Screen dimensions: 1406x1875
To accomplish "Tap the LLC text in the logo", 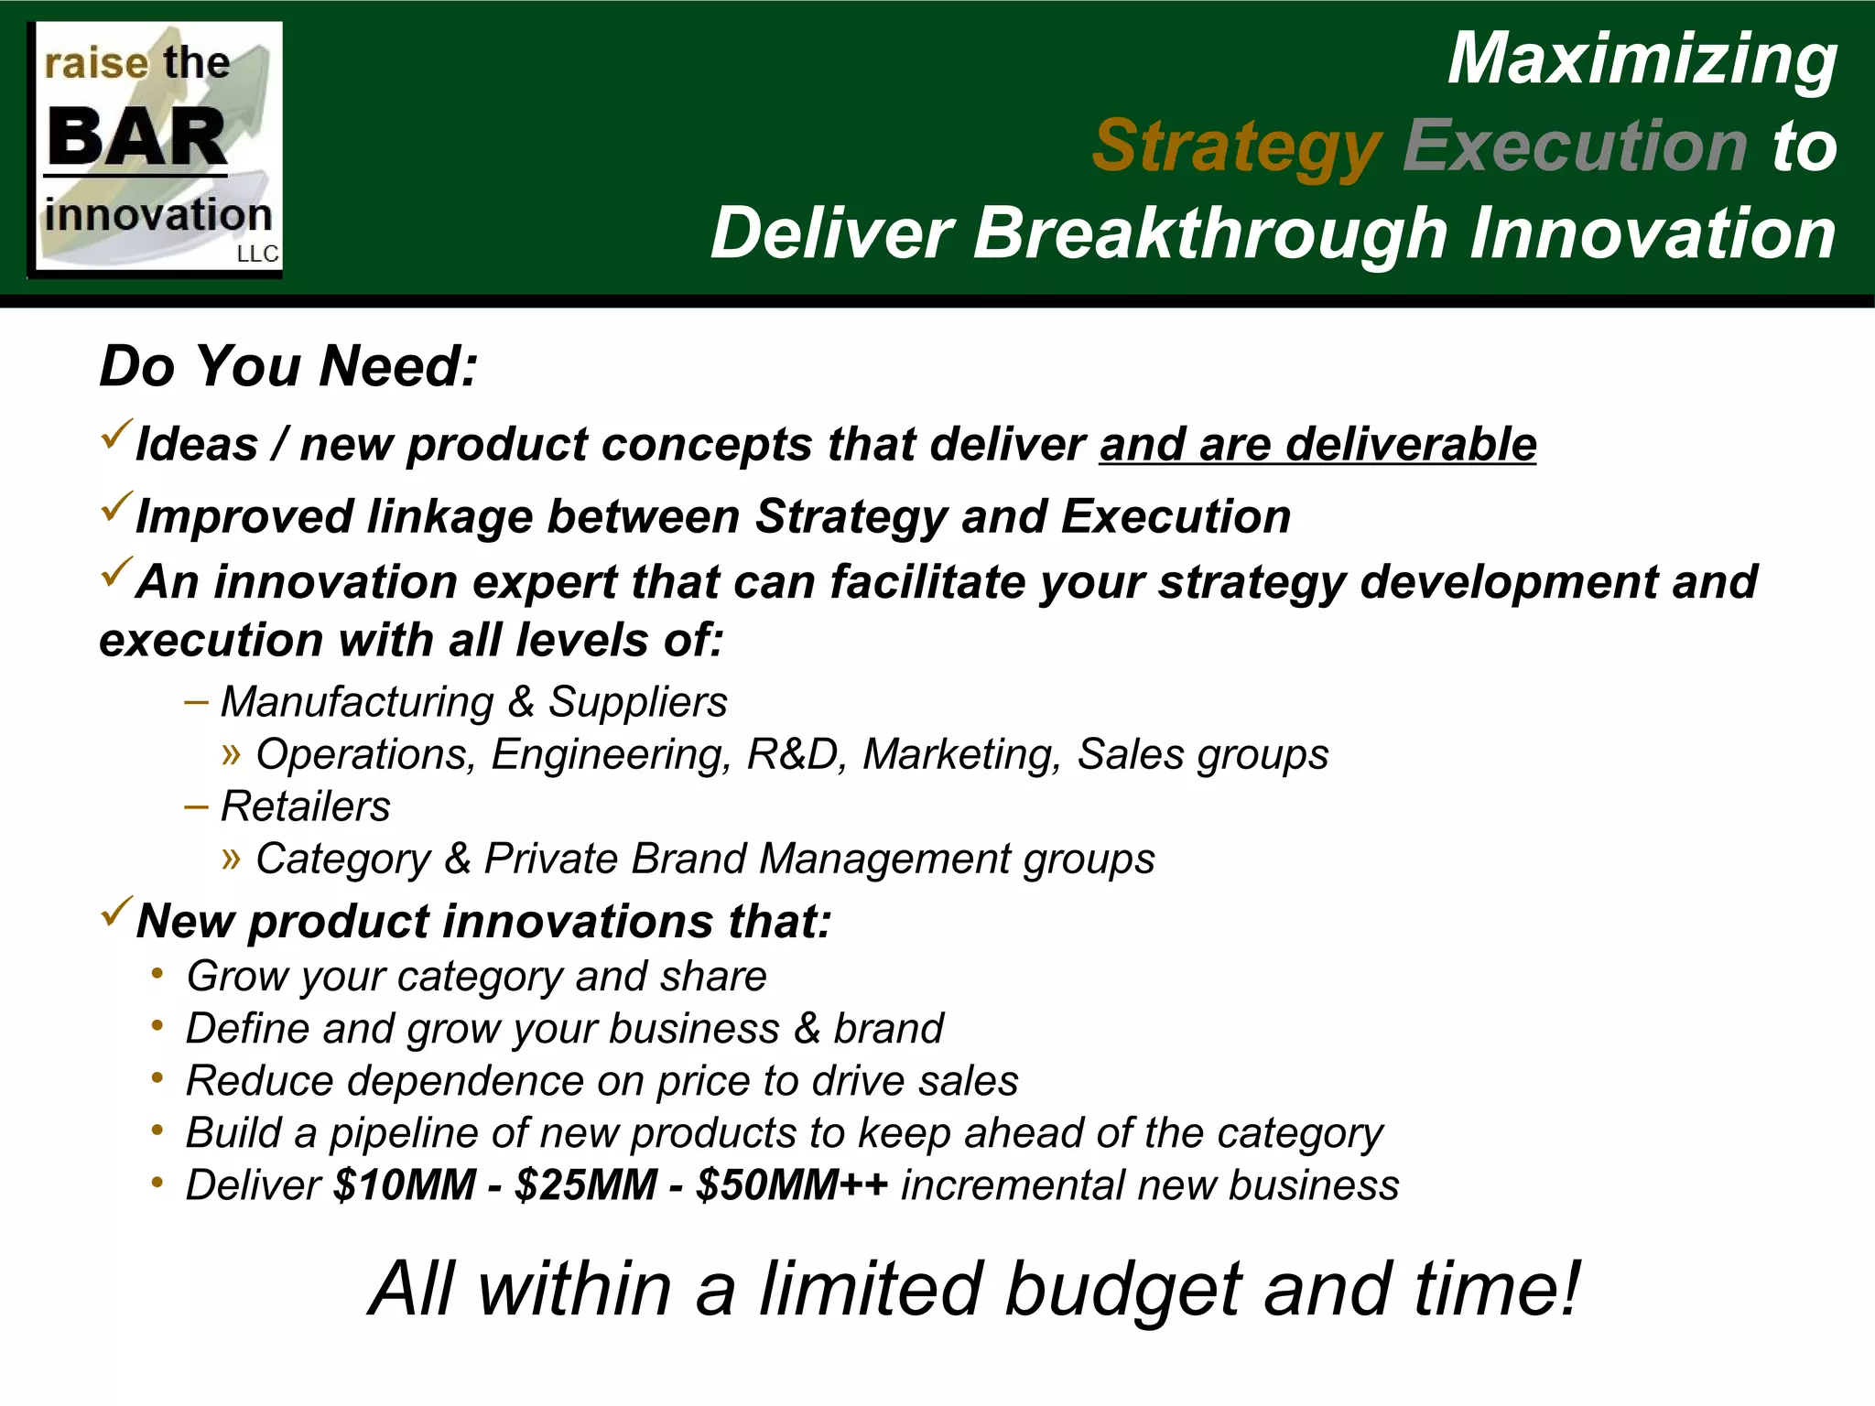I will pos(257,254).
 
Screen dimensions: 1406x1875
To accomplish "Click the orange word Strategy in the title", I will pos(1236,146).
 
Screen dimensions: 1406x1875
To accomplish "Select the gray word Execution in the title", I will pos(1575,146).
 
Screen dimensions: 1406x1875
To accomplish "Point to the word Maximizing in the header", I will pos(1642,59).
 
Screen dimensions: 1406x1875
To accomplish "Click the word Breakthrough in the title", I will pos(1209,234).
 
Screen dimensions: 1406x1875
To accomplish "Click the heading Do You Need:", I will pos(288,366).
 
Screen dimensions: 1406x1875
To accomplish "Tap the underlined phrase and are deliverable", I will pos(1317,445).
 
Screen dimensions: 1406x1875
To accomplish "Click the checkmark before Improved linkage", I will pos(116,508).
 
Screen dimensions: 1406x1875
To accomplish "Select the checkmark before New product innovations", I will pos(116,912).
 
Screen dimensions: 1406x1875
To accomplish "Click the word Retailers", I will pos(306,807).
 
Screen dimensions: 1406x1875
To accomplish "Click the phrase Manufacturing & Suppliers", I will pos(473,703).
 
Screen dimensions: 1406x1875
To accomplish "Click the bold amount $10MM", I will pos(404,1185).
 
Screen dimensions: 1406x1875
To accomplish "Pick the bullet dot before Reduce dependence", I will pos(157,1078).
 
